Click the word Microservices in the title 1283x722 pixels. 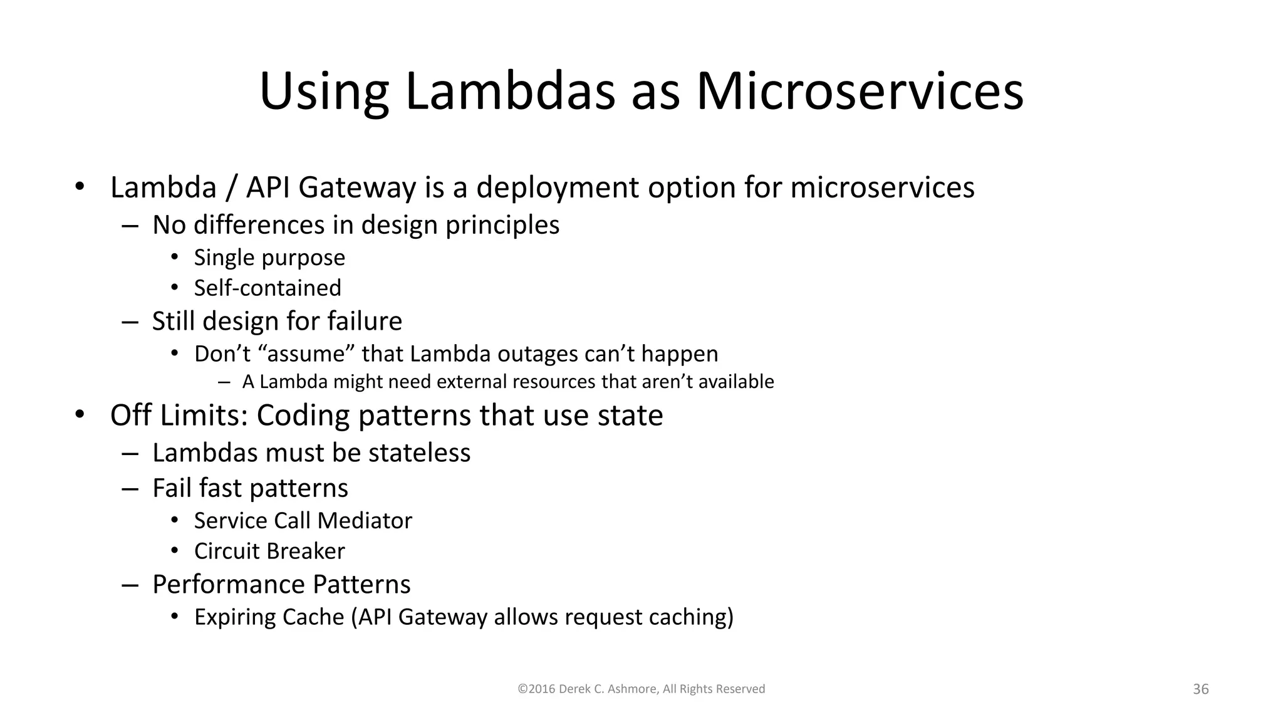tap(860, 92)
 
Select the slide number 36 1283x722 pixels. tap(1200, 689)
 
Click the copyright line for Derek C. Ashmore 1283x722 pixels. tap(641, 689)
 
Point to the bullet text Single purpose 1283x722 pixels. tap(269, 258)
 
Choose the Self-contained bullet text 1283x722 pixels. tap(268, 288)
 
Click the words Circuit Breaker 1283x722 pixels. tap(269, 551)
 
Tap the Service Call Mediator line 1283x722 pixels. tap(303, 521)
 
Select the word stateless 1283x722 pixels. tap(419, 453)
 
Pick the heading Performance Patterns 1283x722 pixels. tap(281, 584)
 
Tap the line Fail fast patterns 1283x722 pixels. tap(250, 488)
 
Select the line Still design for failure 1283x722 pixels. tap(277, 321)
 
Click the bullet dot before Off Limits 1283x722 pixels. tap(79, 414)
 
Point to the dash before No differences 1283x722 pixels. tap(130, 226)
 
